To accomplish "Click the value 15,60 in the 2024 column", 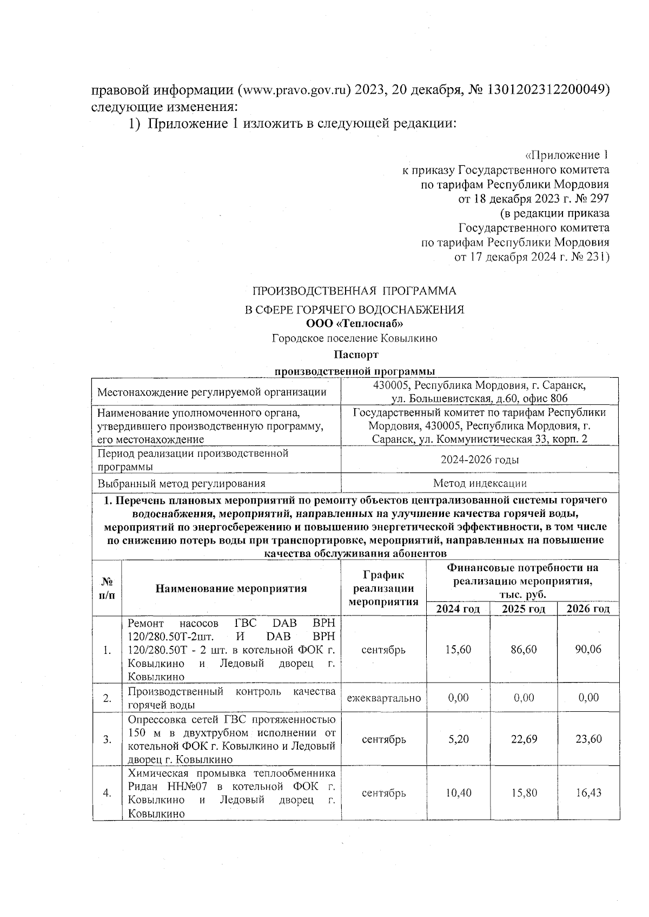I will tap(458, 649).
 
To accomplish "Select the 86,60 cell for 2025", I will tap(524, 649).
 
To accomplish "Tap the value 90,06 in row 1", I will tap(588, 649).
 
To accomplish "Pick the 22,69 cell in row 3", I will tap(524, 739).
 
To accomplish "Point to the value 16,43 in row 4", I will tap(588, 792).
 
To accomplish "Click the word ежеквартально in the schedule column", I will tap(383, 698).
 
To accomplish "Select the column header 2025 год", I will tap(524, 608).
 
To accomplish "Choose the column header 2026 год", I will tap(588, 608).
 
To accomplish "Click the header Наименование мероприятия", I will tap(231, 588).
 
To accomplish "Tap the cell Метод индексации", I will tap(480, 483).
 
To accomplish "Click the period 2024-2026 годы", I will tap(480, 460).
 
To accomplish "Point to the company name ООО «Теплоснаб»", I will tap(354, 324).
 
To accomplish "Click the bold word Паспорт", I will tap(355, 355).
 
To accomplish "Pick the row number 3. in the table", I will tap(107, 739).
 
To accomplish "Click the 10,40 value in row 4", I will tap(458, 792).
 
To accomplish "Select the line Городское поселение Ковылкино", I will tap(354, 338).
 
